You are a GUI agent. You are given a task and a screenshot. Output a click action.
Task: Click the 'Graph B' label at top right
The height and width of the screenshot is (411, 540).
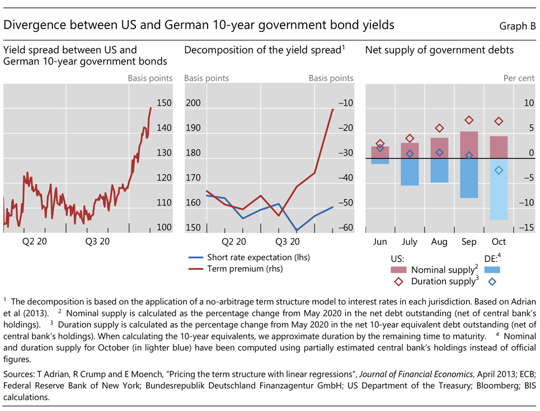pyautogui.click(x=517, y=26)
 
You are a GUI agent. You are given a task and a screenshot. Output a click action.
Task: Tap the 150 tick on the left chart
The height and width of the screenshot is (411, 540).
pyautogui.click(x=164, y=103)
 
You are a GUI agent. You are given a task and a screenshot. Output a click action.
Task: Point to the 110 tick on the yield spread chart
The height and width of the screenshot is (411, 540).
pyautogui.click(x=164, y=203)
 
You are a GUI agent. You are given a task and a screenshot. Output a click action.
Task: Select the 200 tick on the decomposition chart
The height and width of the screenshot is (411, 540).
pyautogui.click(x=192, y=103)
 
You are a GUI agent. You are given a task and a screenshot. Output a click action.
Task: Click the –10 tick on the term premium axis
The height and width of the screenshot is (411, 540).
pyautogui.click(x=345, y=103)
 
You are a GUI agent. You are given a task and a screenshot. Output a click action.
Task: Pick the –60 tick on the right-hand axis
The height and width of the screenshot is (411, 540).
pyautogui.click(x=345, y=227)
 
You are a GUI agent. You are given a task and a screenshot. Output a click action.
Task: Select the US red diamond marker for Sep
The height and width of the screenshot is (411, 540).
pyautogui.click(x=469, y=120)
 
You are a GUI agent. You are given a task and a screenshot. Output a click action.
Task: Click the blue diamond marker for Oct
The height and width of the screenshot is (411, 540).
pyautogui.click(x=499, y=170)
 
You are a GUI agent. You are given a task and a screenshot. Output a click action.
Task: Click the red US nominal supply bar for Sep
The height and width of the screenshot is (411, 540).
pyautogui.click(x=469, y=145)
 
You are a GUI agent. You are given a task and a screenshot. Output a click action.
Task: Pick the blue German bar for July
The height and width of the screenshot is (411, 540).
pyautogui.click(x=410, y=172)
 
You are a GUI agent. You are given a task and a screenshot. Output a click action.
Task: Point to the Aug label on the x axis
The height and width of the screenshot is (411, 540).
pyautogui.click(x=439, y=242)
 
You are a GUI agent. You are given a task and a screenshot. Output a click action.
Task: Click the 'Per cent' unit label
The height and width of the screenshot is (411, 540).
pyautogui.click(x=519, y=78)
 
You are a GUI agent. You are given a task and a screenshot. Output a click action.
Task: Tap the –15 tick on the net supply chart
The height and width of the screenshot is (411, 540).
pyautogui.click(x=527, y=227)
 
